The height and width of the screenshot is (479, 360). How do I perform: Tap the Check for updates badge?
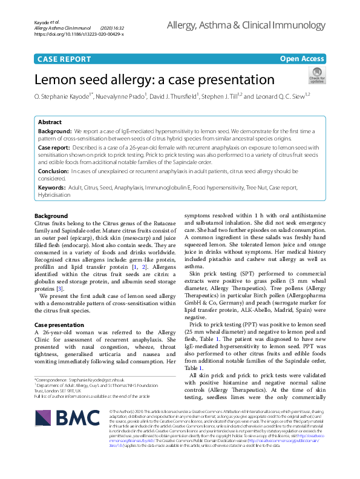pos(316,76)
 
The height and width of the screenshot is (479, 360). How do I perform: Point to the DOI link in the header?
pos(79,35)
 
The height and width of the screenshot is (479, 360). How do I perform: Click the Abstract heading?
pos(50,122)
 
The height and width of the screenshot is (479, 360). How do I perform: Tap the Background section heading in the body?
pos(51,216)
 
